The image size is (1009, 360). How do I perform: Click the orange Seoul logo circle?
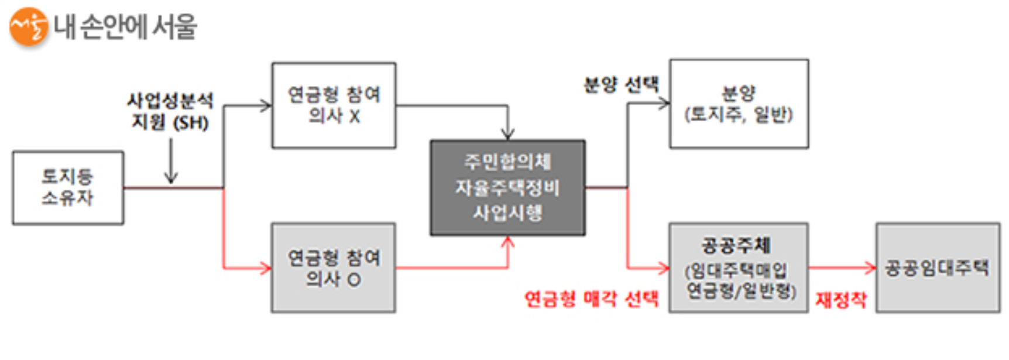pos(28,26)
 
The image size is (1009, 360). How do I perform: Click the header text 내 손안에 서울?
pos(125,27)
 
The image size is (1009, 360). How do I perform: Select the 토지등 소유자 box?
pos(68,188)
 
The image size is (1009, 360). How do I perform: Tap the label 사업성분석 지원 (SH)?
pos(170,111)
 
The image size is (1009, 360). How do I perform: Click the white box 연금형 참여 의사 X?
pos(334,105)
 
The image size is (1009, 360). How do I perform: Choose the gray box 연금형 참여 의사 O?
pos(334,268)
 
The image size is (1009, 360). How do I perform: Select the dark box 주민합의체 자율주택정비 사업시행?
pos(507,188)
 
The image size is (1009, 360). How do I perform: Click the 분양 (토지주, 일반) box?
pos(739,104)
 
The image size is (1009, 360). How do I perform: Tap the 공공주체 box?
pos(738,268)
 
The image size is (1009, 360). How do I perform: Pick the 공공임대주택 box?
pos(937,268)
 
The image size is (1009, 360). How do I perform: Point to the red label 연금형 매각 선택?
pos(591,299)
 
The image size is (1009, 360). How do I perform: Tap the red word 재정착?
pos(841,300)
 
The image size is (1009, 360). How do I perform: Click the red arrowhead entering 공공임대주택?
pos(870,268)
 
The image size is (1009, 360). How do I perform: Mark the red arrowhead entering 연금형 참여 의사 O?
pos(266,268)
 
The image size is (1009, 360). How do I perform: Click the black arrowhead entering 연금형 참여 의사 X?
pos(266,106)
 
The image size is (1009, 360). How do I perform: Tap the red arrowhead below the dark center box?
pos(507,242)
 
